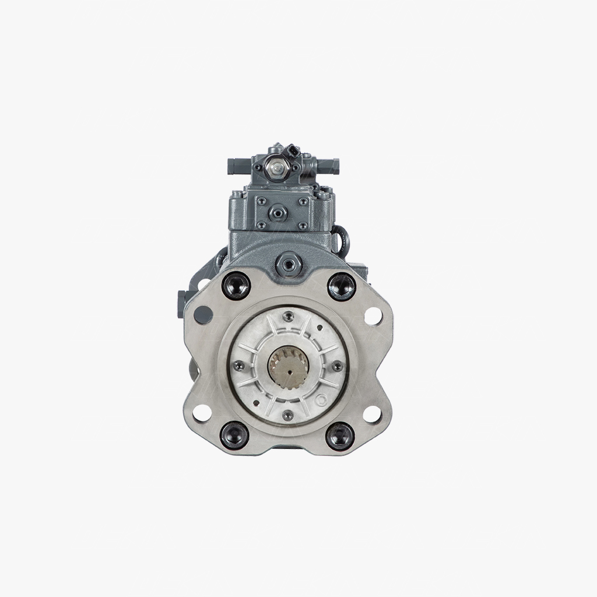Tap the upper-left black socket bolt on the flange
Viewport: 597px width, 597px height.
click(236, 286)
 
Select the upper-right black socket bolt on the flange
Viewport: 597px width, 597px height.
click(341, 286)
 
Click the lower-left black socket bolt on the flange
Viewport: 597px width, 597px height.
click(236, 436)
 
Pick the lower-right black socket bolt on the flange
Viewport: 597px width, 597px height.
click(340, 436)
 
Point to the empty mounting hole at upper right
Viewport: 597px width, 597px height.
click(372, 315)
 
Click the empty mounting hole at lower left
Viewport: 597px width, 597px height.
click(202, 413)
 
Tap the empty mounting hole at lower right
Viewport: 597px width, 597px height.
click(372, 413)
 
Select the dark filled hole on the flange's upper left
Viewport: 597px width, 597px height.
click(202, 315)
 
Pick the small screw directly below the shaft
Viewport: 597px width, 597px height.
click(287, 415)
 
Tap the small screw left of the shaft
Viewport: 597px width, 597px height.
click(238, 366)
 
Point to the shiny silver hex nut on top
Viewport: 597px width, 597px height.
click(275, 168)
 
